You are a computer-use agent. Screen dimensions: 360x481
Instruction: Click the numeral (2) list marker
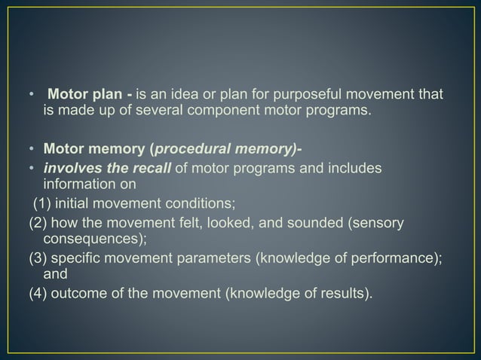[38, 223]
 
